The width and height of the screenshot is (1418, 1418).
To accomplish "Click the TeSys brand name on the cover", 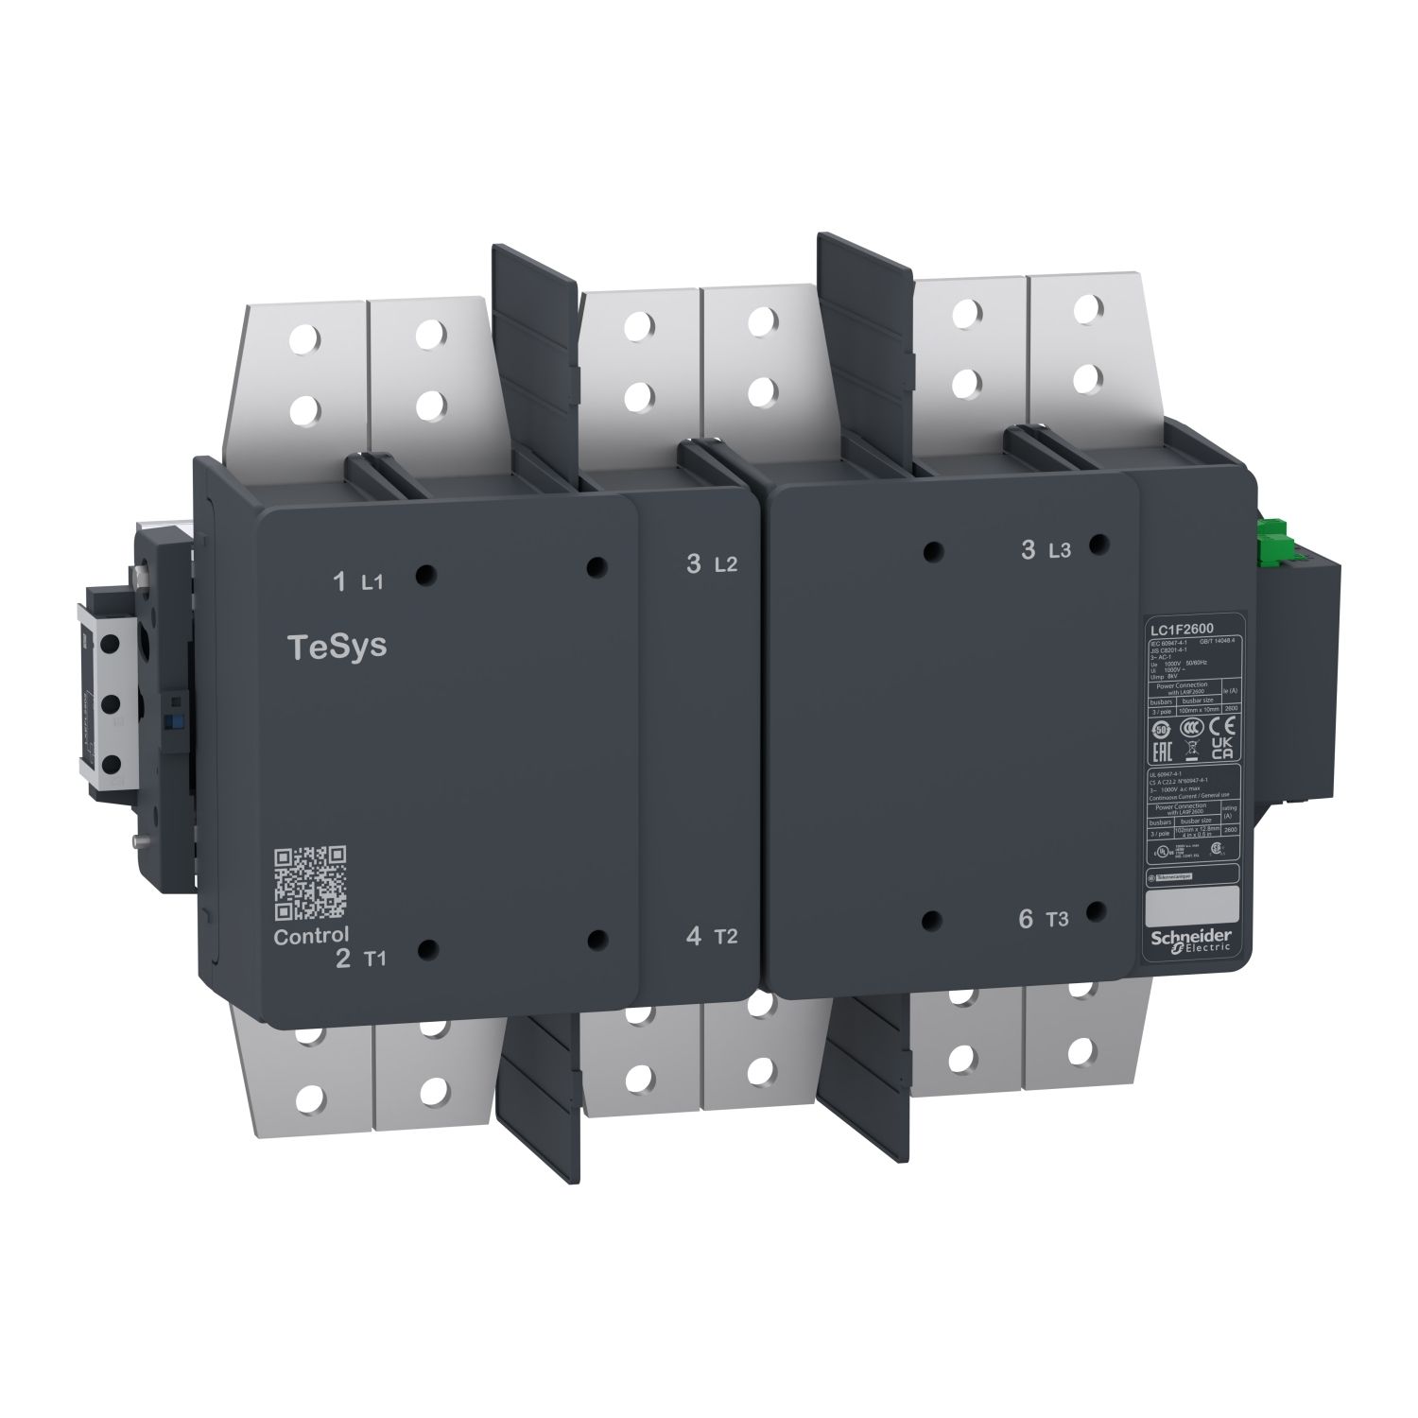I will coord(337,649).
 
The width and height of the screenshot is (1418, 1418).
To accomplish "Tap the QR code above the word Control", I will coord(310,883).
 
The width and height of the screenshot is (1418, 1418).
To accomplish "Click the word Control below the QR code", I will coord(311,937).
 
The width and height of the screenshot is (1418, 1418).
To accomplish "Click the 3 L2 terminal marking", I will coord(711,564).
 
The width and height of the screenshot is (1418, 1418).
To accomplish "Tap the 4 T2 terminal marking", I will coord(711,937).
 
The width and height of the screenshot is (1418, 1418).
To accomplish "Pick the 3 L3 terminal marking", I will coord(1045,550).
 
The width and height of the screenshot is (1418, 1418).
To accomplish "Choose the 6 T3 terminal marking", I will coord(1044,918).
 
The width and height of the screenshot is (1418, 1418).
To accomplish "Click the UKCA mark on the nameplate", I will coord(1221,750).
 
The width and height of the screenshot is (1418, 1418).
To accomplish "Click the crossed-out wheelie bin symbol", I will coord(1192,752).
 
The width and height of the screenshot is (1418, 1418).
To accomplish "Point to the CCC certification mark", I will coord(1192,727).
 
